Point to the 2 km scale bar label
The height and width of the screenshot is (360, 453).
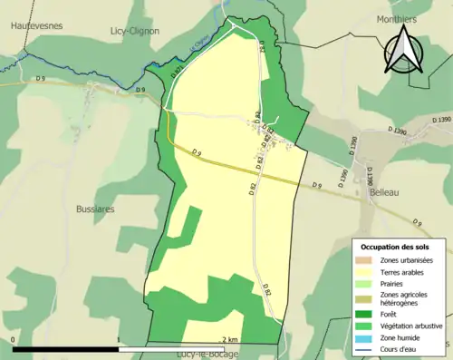[229, 340]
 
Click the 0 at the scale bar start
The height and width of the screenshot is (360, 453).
[14, 340]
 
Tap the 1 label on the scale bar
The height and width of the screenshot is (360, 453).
[119, 340]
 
